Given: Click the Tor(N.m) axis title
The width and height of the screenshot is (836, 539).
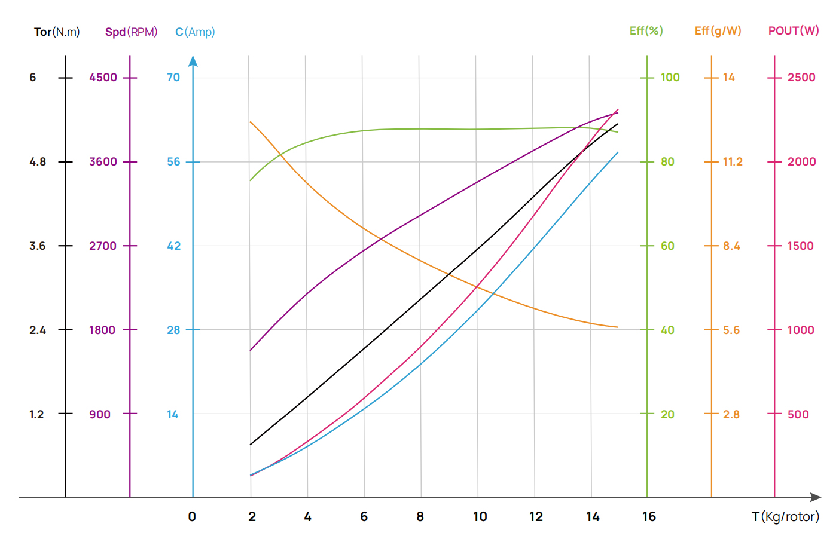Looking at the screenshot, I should pos(57,32).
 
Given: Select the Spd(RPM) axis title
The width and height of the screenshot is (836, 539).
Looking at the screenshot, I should pos(131,32).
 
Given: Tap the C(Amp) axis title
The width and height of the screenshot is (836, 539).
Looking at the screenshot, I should pos(195,32).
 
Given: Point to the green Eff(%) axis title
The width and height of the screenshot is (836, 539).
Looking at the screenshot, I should pos(646,30).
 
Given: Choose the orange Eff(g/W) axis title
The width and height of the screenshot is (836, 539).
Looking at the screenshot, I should pos(718,30).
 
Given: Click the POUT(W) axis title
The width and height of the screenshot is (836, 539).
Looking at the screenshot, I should pos(794,30).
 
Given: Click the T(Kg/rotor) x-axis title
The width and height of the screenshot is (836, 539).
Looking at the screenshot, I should pos(785,516).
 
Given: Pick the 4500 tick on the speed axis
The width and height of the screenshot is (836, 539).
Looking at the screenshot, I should pos(103,77).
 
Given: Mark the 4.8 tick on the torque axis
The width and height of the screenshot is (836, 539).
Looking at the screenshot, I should pos(38,161).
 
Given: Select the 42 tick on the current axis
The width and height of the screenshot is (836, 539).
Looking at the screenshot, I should pos(173,246).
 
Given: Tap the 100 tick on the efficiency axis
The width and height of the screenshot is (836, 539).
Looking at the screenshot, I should pos(670,77).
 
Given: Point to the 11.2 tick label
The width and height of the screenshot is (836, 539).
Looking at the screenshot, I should pos(733,161).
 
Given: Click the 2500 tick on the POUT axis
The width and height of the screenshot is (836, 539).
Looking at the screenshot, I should pos(801,77).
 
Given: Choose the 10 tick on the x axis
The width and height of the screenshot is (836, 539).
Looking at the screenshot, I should pos(480,516).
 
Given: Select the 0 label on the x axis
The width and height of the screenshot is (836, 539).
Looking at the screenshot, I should pos(192,516).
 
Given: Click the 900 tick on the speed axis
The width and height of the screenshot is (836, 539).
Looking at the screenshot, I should pos(100,414).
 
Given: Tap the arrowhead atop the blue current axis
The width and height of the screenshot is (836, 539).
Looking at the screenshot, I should pos(193,61).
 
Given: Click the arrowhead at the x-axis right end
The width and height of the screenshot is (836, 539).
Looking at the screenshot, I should pos(816,497).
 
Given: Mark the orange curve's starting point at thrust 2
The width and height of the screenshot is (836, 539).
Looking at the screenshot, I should pos(251,122).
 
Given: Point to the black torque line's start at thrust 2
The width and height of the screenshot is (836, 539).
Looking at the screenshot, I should pos(251,445).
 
